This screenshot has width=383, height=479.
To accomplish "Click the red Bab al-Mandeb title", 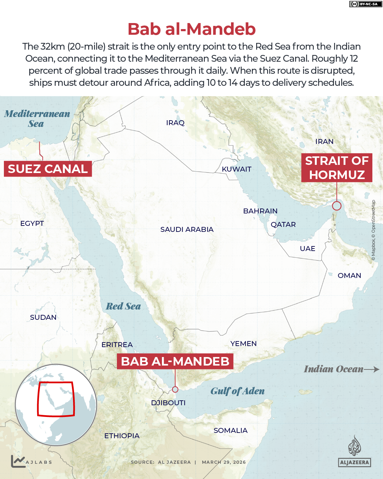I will [x=191, y=29].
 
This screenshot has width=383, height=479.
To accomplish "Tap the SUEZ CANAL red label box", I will [x=48, y=169].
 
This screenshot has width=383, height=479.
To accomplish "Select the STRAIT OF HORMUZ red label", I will [x=337, y=168].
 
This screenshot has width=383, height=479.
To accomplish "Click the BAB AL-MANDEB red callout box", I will [x=175, y=361].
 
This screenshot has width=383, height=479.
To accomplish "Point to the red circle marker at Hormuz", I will [x=337, y=206].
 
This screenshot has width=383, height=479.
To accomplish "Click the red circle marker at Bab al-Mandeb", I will [x=175, y=389].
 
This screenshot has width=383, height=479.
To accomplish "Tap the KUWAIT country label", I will [x=236, y=169].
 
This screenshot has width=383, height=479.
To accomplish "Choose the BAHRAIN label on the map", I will [x=260, y=211].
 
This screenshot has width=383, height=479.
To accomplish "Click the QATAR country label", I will [x=283, y=224].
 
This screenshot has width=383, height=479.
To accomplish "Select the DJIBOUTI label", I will [x=168, y=403].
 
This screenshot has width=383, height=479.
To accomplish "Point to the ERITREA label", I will [x=117, y=345].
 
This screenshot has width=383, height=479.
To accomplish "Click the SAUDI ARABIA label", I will [x=187, y=229].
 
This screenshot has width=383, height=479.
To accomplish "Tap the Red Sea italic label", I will [x=123, y=306].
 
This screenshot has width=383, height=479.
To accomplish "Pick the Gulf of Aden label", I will [x=237, y=391].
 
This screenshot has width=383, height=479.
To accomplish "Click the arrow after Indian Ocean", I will [x=372, y=369].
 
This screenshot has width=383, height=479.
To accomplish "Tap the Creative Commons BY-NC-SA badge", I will [x=365, y=4].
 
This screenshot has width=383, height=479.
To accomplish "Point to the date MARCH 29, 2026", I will [x=224, y=462].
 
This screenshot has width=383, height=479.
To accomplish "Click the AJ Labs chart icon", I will [x=17, y=461].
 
